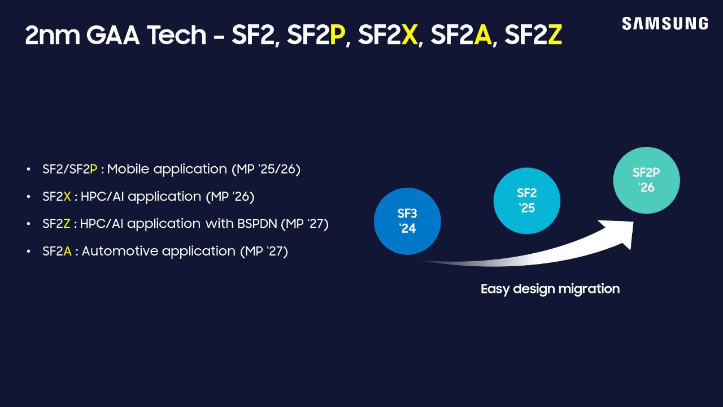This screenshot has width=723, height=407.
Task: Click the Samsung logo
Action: (664, 24)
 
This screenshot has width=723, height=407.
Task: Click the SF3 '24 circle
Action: (407, 221)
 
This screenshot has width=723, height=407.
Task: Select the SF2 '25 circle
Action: (526, 201)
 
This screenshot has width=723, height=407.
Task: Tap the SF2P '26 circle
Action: (646, 180)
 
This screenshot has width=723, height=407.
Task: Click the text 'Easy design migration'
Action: (550, 289)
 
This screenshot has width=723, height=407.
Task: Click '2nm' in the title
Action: (53, 36)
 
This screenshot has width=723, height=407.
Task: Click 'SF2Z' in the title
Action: (533, 36)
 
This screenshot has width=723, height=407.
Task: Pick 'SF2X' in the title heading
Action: (387, 36)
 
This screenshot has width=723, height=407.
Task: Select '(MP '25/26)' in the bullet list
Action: (265, 169)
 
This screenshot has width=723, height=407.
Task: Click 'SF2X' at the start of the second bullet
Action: (56, 197)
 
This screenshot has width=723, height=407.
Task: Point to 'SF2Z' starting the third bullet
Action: (56, 224)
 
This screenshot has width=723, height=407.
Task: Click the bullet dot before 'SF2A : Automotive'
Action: (29, 252)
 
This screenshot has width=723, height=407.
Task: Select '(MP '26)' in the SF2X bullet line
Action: (230, 197)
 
